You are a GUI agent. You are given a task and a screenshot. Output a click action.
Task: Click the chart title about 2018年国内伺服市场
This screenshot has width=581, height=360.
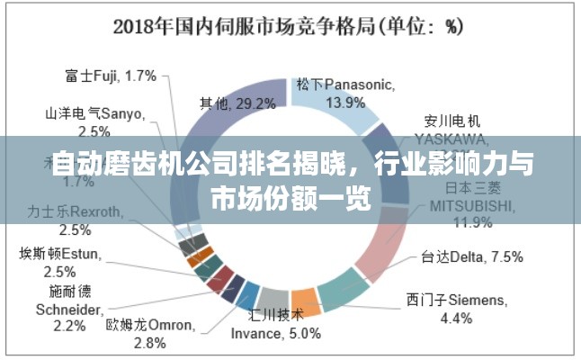point(288,26)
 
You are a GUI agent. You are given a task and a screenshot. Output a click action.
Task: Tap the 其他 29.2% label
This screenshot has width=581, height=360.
point(237,104)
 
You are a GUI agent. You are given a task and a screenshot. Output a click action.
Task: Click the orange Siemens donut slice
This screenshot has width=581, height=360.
point(306,301)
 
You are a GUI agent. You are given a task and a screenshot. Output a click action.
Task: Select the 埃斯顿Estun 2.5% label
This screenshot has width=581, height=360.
point(59,263)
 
